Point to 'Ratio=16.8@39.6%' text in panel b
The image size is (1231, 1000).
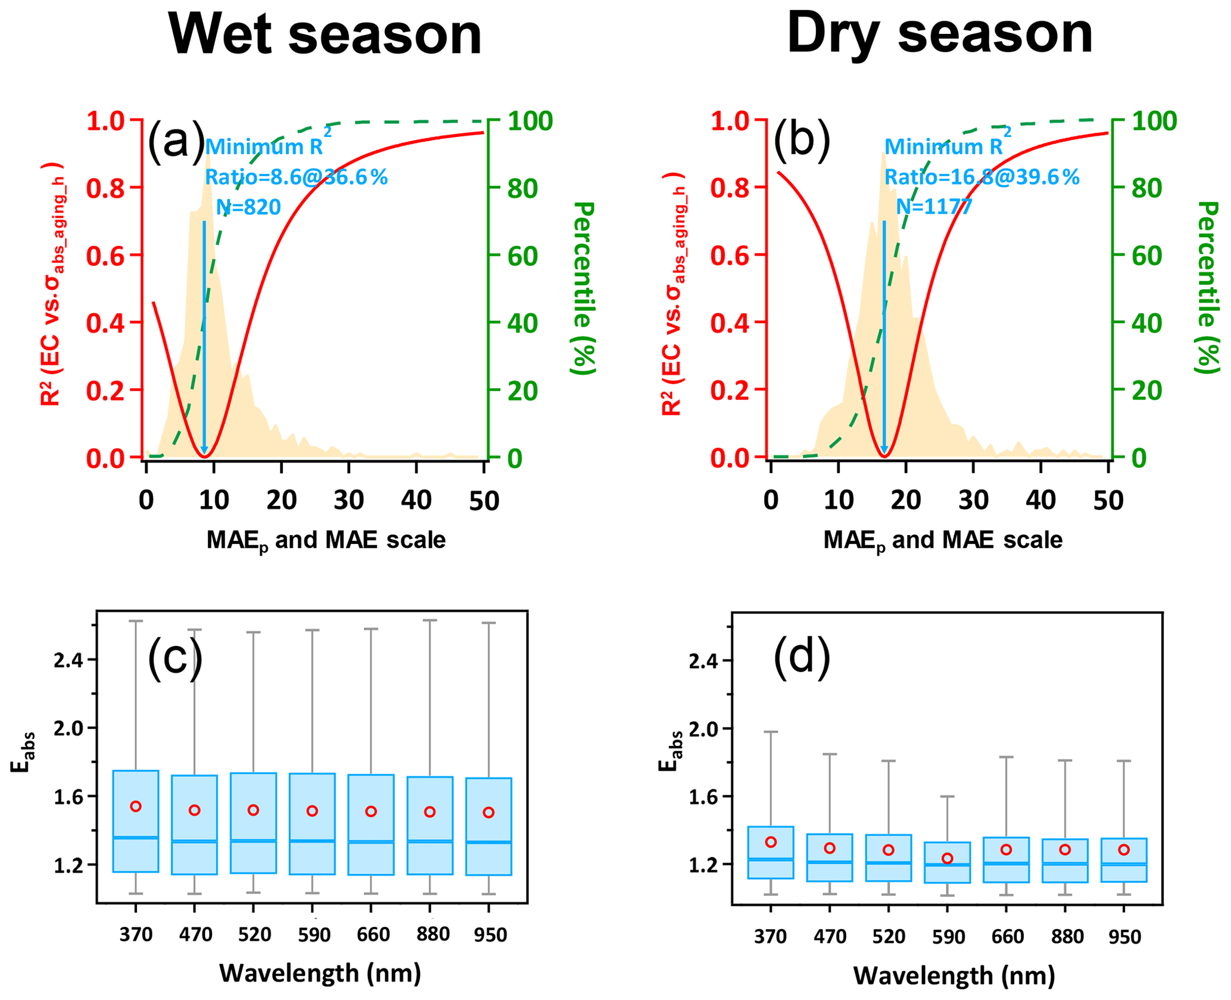[981, 177]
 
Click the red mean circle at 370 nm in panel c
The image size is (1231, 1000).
[136, 806]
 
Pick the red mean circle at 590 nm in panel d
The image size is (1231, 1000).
[948, 858]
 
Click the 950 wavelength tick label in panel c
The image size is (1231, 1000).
[490, 935]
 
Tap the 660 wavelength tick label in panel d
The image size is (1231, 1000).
[1007, 937]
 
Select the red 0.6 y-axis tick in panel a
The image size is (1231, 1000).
[106, 255]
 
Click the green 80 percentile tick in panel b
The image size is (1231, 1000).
[1146, 189]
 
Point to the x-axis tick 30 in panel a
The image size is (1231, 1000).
[349, 501]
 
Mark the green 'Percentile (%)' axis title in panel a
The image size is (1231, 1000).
[583, 288]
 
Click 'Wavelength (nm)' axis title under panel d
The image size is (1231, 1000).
[954, 975]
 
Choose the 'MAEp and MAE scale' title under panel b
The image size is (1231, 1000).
[943, 540]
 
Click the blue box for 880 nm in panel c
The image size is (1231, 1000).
[430, 825]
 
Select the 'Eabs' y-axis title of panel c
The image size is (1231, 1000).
[24, 752]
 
